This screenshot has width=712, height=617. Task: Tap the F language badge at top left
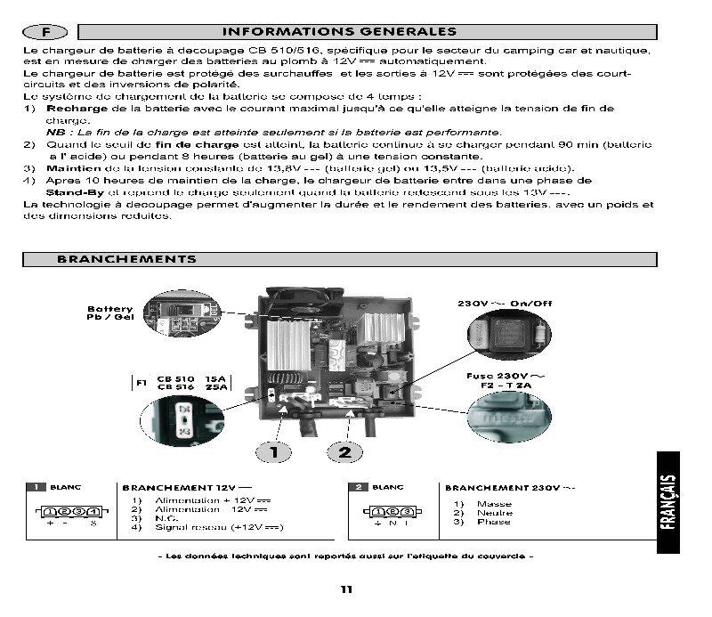(45, 32)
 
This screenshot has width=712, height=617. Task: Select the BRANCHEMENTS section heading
(126, 259)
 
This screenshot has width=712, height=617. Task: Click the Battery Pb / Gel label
(109, 312)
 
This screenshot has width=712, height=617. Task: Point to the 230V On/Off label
(505, 304)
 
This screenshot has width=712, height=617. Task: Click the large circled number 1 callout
(275, 451)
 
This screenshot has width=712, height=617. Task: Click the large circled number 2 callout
(344, 451)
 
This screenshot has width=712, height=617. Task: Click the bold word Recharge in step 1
(77, 108)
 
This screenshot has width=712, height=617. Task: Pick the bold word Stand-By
(76, 191)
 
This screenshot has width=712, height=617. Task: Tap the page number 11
(347, 589)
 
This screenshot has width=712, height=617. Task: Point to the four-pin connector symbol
(69, 512)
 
